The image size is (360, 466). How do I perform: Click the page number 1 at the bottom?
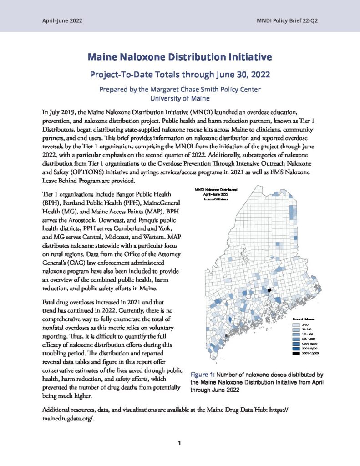pyautogui.click(x=180, y=442)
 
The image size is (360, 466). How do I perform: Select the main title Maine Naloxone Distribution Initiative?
pyautogui.click(x=180, y=57)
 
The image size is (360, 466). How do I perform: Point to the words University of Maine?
pyautogui.click(x=180, y=97)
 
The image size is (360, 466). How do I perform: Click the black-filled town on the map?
pyautogui.click(x=269, y=289)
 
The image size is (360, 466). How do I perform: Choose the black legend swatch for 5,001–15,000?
pyautogui.click(x=296, y=353)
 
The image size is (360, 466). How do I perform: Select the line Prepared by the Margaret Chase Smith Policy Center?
pyautogui.click(x=180, y=89)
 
